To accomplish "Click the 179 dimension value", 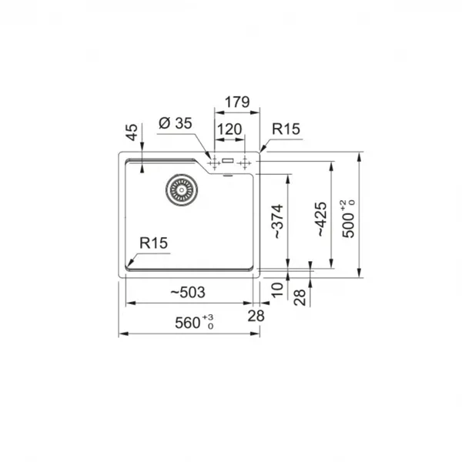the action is click(237, 102).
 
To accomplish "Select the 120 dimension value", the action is click(229, 129).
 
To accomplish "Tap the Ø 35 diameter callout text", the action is click(176, 123).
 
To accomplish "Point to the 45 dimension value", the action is click(132, 132).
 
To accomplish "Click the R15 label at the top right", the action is click(286, 129).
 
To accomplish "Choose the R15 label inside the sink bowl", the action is click(153, 243).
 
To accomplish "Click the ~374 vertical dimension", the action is click(277, 221).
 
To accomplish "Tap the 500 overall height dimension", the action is click(348, 219).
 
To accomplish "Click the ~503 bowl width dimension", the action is click(188, 293).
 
